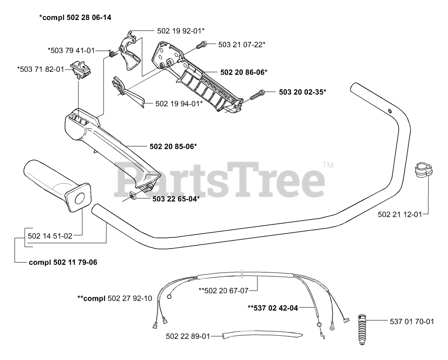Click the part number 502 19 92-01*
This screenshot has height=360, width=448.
point(181,31)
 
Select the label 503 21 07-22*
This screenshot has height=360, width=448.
point(241,44)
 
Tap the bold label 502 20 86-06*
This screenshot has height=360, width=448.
point(244,72)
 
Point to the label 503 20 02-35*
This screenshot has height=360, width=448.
point(302,92)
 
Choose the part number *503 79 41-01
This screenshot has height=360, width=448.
point(71,50)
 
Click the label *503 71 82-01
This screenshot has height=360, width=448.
point(41,69)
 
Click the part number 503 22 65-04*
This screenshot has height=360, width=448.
point(176,199)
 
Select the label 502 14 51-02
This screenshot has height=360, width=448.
point(50,236)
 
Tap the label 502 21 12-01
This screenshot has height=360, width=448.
point(400,214)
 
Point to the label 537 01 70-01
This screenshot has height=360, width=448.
point(412,321)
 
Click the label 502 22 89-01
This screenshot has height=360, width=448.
point(188,336)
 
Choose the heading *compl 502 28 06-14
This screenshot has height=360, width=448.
point(75,17)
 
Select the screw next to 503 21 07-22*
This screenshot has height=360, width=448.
point(201,44)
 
